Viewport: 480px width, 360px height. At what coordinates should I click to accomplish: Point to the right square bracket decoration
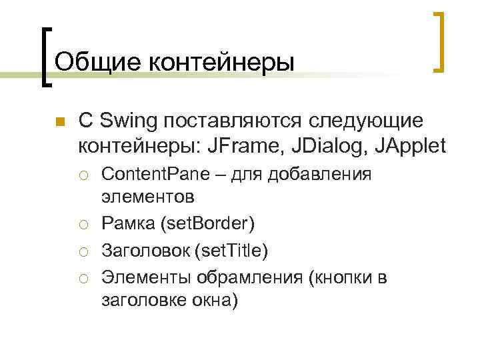[439, 41]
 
